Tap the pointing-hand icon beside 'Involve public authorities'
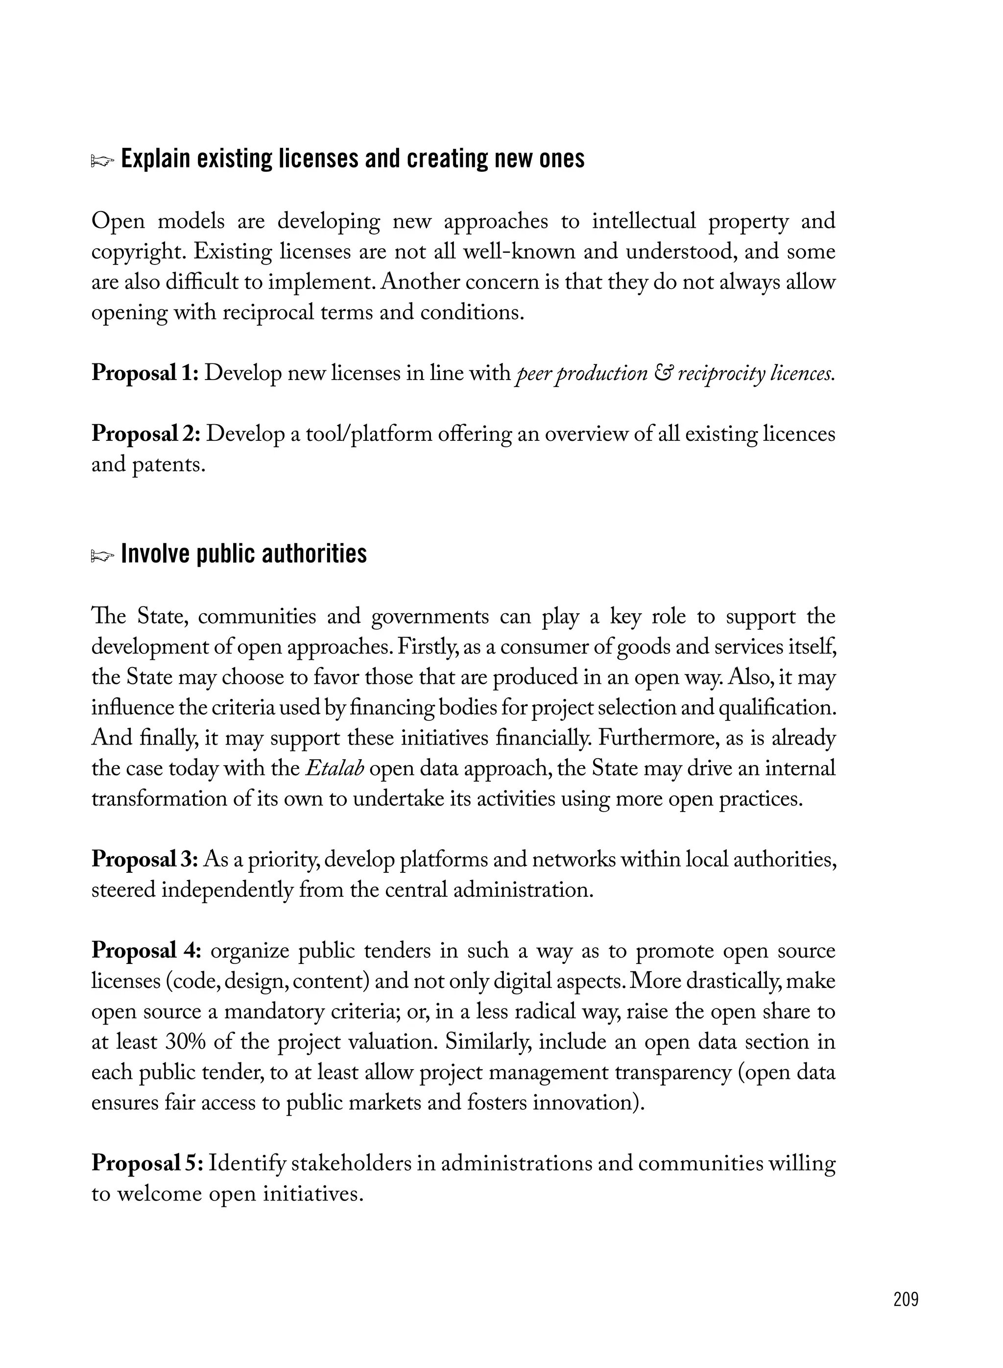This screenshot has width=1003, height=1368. (x=102, y=555)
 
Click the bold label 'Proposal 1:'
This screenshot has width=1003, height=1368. (x=145, y=373)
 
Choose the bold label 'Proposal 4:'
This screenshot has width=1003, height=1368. (x=146, y=950)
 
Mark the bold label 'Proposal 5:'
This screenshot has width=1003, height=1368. (x=147, y=1163)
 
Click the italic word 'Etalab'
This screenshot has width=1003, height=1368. (x=334, y=768)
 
